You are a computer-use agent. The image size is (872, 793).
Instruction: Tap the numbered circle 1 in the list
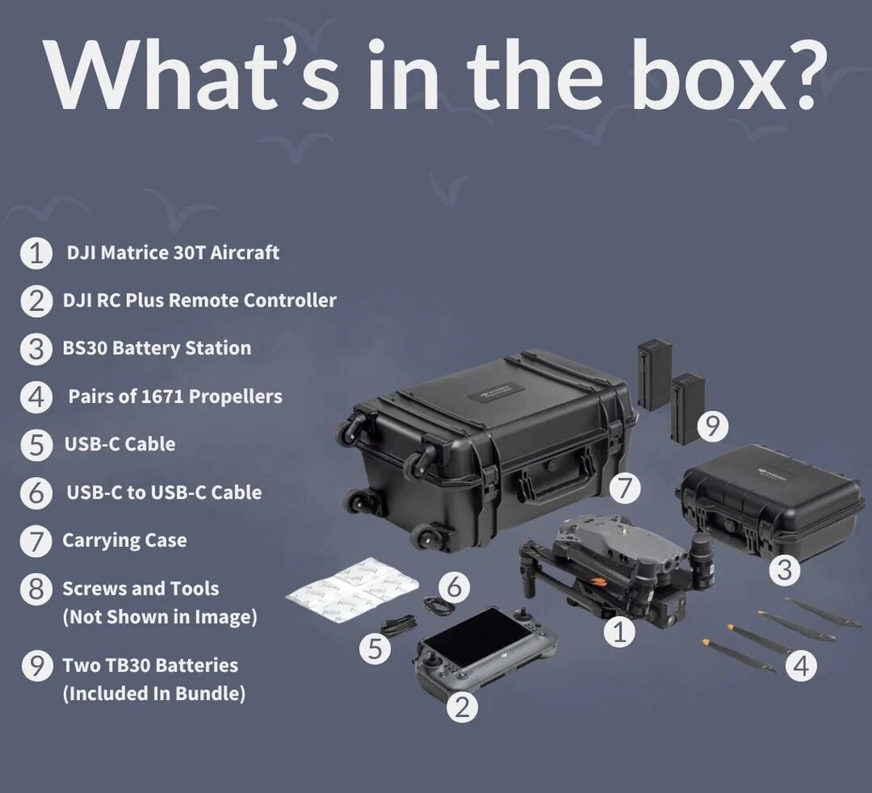[x=36, y=253]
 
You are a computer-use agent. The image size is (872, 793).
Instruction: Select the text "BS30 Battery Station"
[x=157, y=348]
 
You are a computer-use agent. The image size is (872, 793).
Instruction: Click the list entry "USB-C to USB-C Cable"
[x=164, y=492]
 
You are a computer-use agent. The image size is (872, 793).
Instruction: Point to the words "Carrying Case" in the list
[x=124, y=541]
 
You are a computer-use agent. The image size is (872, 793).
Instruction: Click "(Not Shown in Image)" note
[x=159, y=617]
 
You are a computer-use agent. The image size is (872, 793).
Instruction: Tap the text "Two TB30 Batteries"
[x=150, y=665]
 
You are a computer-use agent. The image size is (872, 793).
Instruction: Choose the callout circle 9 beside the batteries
[x=713, y=427]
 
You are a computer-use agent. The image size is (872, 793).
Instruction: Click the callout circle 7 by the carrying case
[x=625, y=488]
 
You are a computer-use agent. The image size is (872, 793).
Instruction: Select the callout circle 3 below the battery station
[x=784, y=570]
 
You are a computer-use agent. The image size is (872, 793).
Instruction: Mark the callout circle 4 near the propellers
[x=801, y=665]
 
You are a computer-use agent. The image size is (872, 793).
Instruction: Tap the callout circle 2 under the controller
[x=462, y=707]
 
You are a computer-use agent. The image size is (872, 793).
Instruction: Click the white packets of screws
[x=352, y=589]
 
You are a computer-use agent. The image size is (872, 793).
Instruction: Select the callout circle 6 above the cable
[x=454, y=587]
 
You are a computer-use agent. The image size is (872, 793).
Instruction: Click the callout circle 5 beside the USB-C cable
[x=376, y=648]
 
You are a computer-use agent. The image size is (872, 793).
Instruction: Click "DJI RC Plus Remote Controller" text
[x=199, y=301]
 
